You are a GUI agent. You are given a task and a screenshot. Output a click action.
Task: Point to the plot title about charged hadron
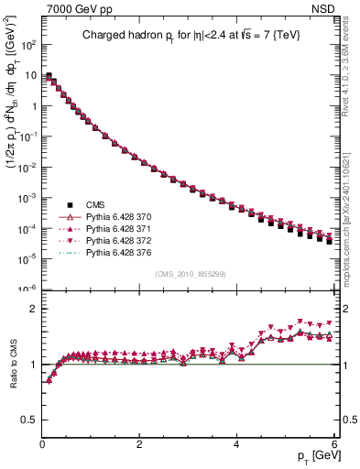point(190,36)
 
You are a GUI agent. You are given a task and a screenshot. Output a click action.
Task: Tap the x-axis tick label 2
point(140,445)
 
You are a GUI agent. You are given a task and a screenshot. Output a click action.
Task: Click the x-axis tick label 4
point(237,445)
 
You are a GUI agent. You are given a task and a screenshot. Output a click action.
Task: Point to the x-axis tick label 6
point(335,445)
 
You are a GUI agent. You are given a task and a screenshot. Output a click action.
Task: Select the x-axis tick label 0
point(42,445)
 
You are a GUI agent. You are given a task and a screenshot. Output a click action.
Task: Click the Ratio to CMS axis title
point(12,365)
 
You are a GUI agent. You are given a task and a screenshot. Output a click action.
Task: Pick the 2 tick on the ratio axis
point(33,309)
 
